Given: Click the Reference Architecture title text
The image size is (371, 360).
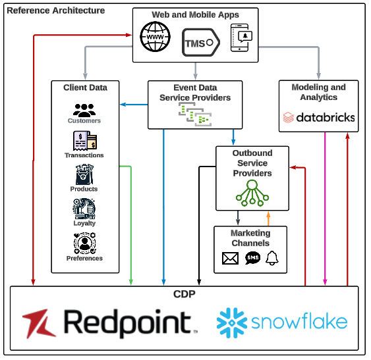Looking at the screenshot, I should point(55,11).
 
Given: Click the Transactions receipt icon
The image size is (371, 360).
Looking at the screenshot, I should point(84,141).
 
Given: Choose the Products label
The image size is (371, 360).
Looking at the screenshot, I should point(84,189).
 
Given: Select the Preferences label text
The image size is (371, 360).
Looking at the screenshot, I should point(84,258).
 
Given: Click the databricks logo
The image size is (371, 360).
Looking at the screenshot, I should point(319,118).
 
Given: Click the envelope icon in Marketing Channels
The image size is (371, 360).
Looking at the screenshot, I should point(230,259).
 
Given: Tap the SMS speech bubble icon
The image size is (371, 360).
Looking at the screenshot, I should point(252,259).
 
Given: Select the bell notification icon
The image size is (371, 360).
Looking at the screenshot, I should point(272,258).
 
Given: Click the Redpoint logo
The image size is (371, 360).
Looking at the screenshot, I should point(109,322).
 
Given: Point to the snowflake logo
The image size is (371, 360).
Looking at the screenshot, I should point(282,322).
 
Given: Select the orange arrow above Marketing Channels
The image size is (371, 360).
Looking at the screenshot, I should point(268,218).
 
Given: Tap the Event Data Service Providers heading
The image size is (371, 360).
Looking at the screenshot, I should point(195,92).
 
